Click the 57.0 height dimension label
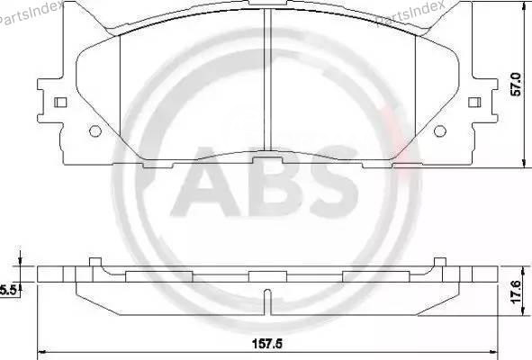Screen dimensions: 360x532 516,85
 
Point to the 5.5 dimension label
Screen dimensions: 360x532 8,289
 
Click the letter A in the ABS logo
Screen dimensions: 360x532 206,187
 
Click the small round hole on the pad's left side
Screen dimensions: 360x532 95,131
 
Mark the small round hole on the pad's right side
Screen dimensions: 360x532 439,131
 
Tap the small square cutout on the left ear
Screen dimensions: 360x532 60,102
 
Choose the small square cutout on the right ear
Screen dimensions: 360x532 474,102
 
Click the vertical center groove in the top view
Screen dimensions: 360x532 267,81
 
